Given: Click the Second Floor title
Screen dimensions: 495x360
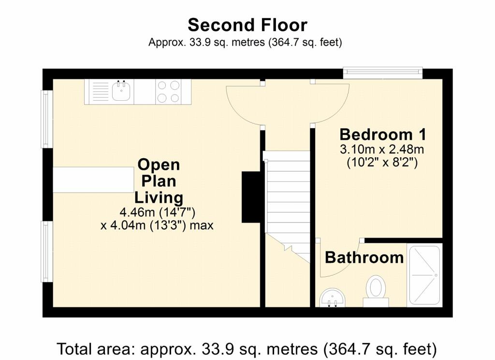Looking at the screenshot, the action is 247,25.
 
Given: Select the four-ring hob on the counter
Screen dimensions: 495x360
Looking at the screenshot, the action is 169,91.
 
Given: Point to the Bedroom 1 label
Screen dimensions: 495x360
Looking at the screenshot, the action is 383,135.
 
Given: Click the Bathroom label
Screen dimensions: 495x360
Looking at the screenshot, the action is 364,257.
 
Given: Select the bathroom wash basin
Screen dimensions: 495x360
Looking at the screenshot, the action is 333,298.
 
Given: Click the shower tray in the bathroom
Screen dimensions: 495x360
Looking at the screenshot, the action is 424,275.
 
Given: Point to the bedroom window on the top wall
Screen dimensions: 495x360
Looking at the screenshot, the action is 383,73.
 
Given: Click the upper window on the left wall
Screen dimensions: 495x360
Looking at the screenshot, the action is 47,119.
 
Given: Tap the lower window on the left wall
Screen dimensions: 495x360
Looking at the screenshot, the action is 47,252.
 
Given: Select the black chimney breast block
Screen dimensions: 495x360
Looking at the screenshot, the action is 251,197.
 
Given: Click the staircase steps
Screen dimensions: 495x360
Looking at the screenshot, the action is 287,206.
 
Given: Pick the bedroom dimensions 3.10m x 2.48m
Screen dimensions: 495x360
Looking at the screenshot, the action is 382,149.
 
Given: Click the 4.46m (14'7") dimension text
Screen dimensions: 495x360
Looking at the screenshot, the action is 157,212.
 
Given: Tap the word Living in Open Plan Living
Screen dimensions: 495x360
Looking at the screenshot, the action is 159,197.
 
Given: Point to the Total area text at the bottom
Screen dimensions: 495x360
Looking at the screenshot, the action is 247,349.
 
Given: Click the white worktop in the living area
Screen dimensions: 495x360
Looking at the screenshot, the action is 93,180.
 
